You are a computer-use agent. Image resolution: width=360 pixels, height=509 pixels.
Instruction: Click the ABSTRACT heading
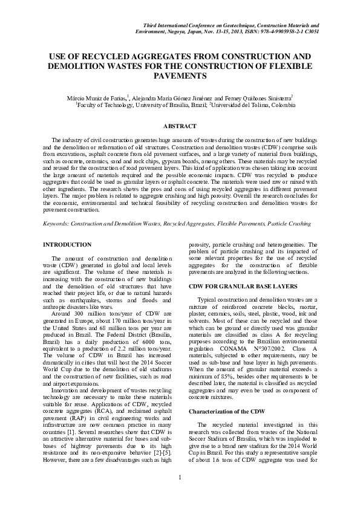tap(180, 126)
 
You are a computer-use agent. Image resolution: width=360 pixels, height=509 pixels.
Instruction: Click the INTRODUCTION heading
tap(68, 244)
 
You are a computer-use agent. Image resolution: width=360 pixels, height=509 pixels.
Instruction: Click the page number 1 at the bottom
tap(180, 496)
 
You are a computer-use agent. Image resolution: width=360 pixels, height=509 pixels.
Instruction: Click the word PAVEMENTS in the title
tap(180, 76)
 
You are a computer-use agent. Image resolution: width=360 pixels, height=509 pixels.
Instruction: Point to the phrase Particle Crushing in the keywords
tap(292, 223)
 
